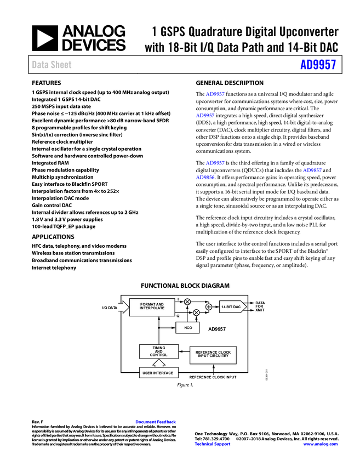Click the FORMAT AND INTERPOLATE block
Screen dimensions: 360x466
pos(152,307)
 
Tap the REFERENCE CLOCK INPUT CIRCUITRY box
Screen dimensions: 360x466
pos(213,355)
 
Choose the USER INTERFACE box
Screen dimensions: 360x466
pos(158,373)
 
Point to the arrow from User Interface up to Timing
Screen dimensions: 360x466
pos(158,363)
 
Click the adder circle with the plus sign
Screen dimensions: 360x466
pos(209,307)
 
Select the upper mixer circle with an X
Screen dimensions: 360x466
pos(187,302)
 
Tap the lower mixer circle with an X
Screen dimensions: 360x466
pos(196,312)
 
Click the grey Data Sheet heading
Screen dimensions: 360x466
pos(52,65)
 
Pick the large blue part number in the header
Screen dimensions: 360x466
pos(318,65)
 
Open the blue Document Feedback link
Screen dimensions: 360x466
pos(156,422)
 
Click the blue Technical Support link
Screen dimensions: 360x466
pos(213,444)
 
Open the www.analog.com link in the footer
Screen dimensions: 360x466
pos(321,444)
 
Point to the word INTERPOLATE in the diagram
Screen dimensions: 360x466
pos(152,309)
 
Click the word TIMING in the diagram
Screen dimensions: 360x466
pos(158,348)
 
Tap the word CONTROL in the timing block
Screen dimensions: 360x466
pos(158,355)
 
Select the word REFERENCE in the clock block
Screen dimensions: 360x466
pos(206,352)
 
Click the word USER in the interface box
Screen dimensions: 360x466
pos(148,373)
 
